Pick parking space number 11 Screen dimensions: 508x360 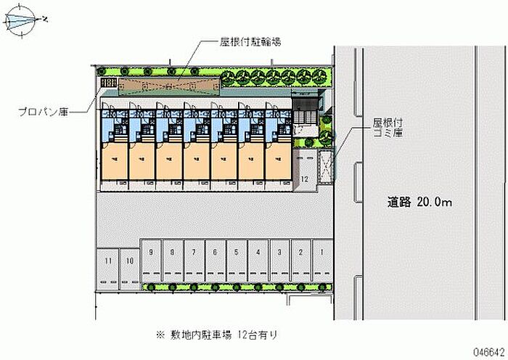click(107, 266)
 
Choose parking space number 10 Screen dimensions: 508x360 click(129, 266)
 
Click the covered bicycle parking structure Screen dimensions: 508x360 click(168, 87)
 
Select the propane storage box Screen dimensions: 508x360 click(108, 86)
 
